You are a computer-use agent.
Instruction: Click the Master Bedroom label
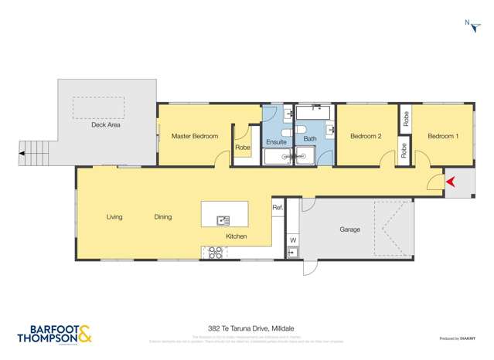195,137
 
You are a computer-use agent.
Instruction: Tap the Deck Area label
105,124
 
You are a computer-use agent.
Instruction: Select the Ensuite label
277,143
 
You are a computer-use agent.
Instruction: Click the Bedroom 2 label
366,137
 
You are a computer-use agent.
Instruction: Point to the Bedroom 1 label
443,137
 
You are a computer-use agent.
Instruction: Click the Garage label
350,229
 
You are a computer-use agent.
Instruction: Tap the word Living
114,217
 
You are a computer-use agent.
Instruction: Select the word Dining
162,217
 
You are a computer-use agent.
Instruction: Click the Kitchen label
236,236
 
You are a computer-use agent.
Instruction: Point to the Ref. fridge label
278,207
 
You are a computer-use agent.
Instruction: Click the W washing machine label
293,240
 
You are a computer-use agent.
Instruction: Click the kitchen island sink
223,220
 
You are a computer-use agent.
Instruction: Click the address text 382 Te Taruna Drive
246,328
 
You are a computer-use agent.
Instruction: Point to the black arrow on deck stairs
23,154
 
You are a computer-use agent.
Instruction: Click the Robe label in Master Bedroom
243,148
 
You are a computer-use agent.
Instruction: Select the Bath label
310,139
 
